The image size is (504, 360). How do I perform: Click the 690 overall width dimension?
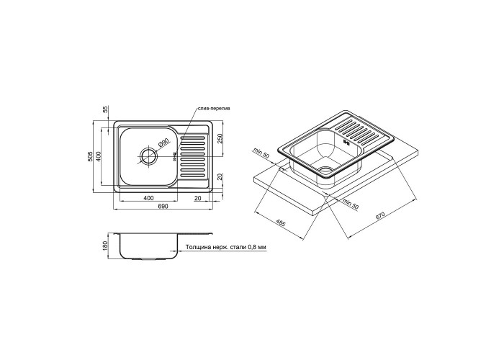(163, 207)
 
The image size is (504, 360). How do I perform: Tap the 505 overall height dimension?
(91, 156)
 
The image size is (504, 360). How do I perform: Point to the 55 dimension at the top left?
(106, 109)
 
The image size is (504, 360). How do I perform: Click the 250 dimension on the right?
(219, 139)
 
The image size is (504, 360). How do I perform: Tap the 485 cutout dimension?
(280, 223)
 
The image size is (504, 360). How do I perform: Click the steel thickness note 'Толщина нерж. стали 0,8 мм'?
(225, 248)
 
